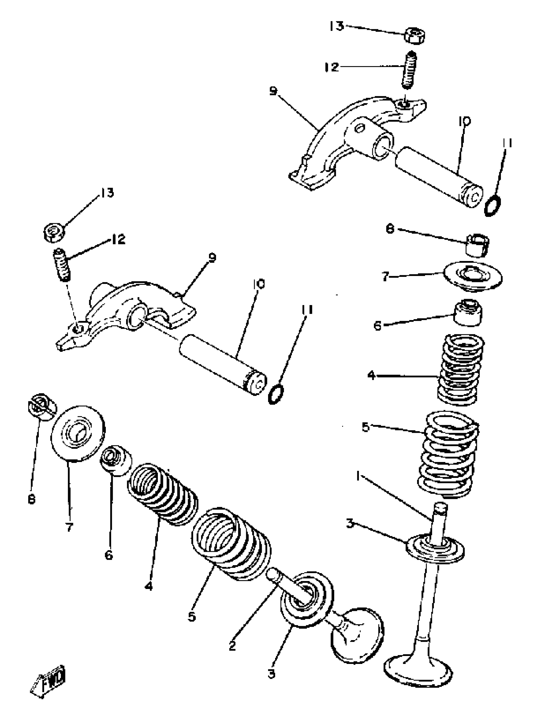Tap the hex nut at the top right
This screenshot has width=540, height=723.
point(414,35)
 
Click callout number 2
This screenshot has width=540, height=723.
point(233,646)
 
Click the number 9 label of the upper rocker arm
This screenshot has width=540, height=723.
point(273,91)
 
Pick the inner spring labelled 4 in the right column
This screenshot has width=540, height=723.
point(461,369)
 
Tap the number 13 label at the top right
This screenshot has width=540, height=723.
point(336,26)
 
